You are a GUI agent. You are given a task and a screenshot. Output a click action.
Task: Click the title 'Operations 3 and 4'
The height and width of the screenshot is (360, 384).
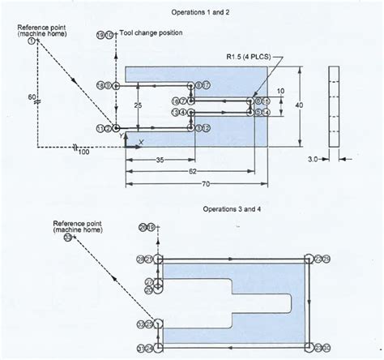click(x=233, y=209)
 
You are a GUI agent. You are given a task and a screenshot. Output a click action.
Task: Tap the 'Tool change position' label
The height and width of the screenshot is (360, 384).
click(x=151, y=33)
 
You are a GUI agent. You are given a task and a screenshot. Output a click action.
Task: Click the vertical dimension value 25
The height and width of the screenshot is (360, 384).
click(x=139, y=106)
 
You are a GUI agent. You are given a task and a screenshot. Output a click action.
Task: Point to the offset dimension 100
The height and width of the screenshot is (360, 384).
click(x=83, y=152)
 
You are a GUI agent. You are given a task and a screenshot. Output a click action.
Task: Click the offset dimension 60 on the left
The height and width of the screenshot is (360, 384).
click(x=31, y=97)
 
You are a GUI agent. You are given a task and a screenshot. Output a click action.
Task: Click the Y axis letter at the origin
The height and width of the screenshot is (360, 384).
click(x=122, y=137)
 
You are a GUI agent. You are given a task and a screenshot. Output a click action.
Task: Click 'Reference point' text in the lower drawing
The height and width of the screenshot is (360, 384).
click(x=75, y=223)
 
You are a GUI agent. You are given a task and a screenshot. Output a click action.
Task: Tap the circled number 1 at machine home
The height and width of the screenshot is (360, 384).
click(x=32, y=42)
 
